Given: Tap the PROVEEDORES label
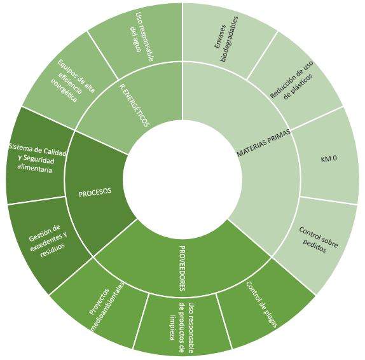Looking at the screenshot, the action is (x=182, y=268).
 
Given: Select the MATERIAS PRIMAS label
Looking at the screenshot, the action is (x=264, y=142).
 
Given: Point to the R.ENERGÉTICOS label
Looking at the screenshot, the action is (x=134, y=106).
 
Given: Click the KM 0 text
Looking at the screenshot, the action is (x=329, y=159).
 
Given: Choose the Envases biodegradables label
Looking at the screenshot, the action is (x=226, y=39).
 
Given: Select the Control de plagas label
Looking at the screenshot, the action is (x=261, y=305).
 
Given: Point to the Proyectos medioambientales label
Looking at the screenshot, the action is (x=106, y=306).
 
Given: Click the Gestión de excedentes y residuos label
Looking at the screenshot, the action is (x=48, y=241).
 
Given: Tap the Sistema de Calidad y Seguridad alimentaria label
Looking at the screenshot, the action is (x=38, y=158).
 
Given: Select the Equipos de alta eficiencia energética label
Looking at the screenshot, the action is (x=72, y=81).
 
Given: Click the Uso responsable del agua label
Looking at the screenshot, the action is (x=142, y=36).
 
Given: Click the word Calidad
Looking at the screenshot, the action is (x=54, y=152).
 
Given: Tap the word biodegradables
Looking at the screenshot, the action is (x=230, y=39).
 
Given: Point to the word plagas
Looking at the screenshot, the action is (x=270, y=318).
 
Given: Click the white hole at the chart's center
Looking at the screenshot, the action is (x=182, y=180).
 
